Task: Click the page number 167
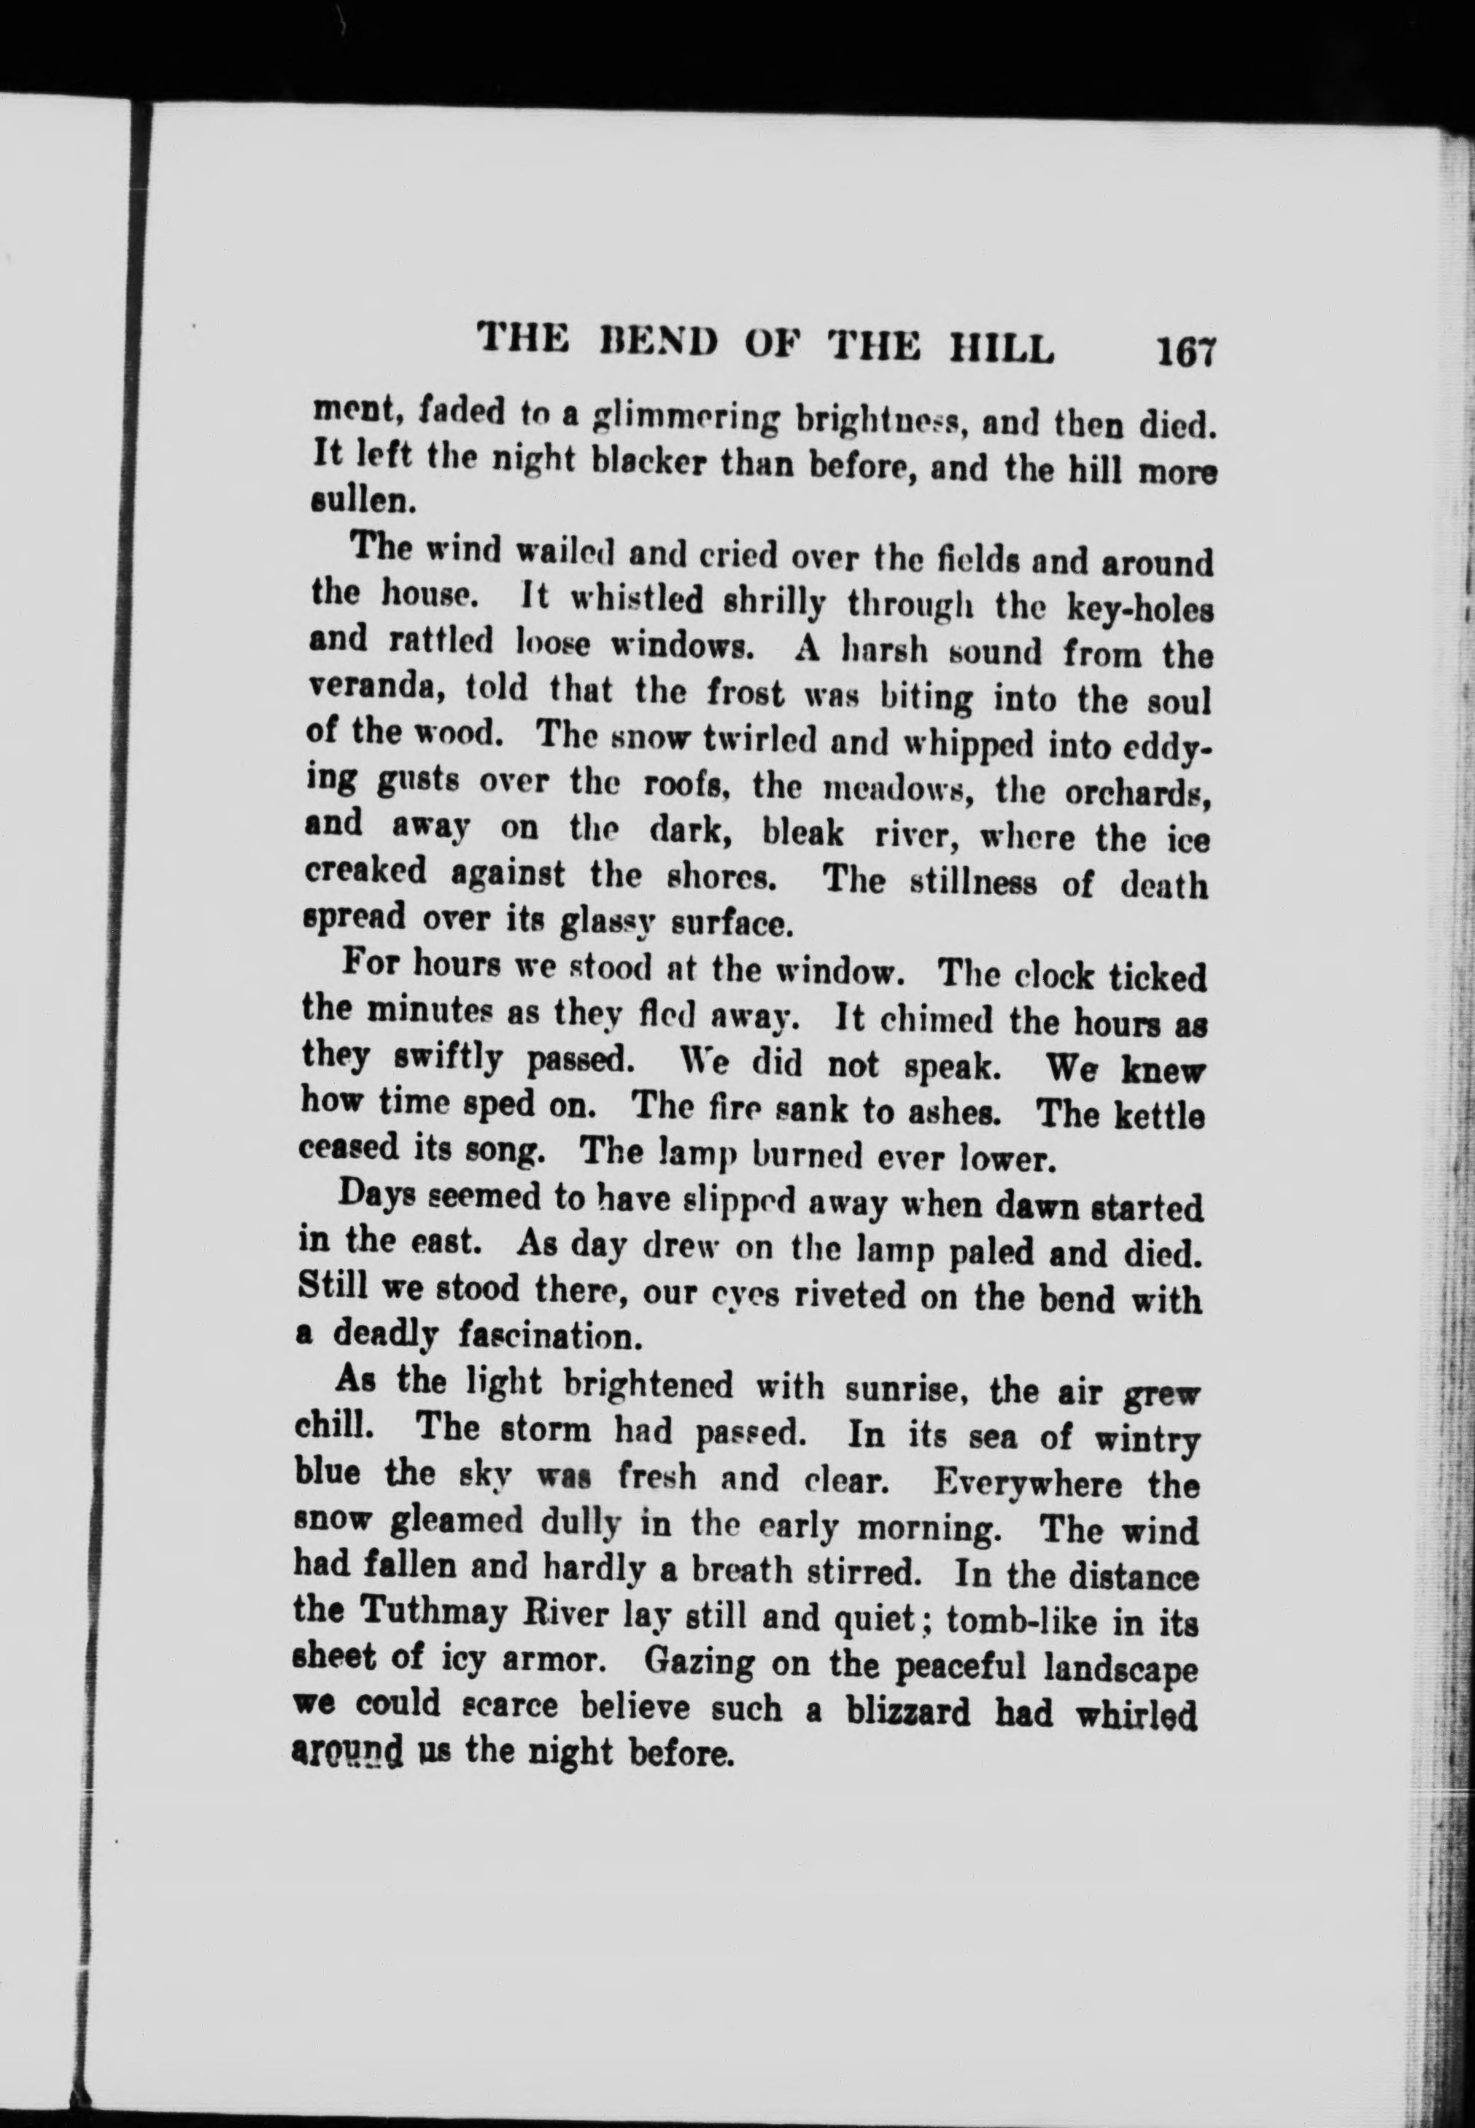pyautogui.click(x=1184, y=352)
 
